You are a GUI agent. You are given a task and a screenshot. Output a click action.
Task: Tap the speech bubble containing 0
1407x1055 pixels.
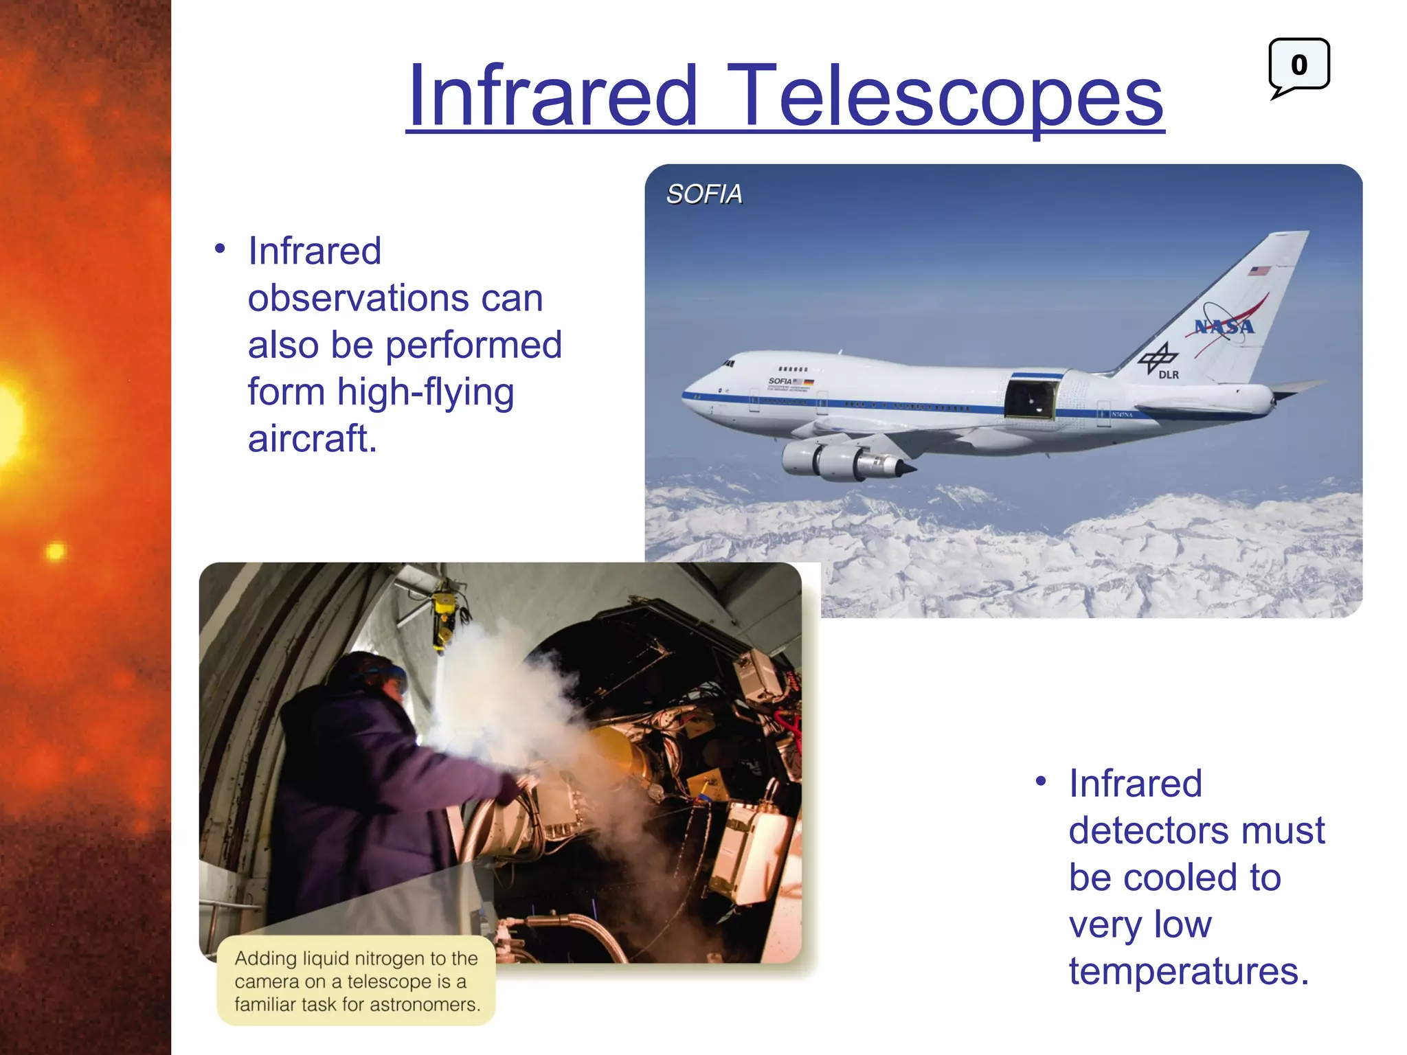(1298, 65)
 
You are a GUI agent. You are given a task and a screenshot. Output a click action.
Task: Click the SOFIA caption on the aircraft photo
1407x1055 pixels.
(704, 194)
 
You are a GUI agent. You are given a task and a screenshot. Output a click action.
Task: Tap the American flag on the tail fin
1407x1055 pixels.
(1259, 271)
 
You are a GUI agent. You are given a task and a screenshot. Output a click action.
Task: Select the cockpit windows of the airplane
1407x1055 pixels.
(728, 364)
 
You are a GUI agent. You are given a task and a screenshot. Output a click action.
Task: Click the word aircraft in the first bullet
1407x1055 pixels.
(313, 440)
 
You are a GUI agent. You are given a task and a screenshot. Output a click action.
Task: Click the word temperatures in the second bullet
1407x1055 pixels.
(1189, 971)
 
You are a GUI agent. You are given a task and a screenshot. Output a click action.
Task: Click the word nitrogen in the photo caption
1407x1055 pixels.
(385, 958)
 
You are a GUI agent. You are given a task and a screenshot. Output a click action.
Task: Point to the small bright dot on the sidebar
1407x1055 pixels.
(56, 552)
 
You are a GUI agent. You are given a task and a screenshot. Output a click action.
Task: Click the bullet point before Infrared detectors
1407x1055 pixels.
(1041, 782)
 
